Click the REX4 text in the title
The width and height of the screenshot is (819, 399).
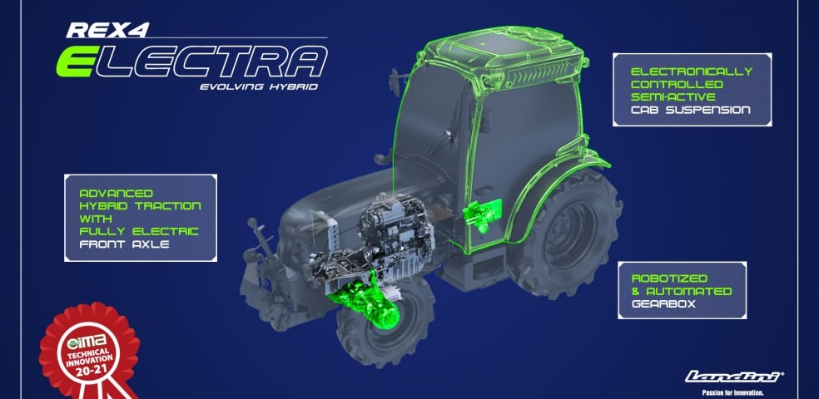point(107,29)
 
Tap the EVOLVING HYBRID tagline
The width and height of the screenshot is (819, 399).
point(259,86)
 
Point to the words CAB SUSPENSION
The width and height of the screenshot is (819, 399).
point(690,110)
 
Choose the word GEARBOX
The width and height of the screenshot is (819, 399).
point(663,303)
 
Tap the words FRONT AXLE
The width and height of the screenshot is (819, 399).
point(124,244)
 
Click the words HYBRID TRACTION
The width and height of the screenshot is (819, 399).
point(140,205)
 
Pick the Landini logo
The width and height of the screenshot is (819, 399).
point(734,377)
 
